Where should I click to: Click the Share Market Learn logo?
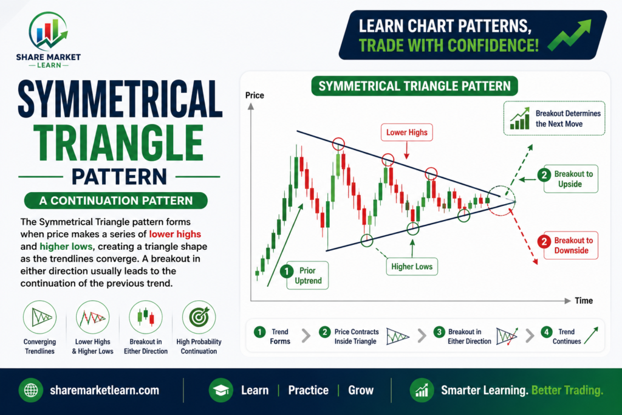[x=49, y=39]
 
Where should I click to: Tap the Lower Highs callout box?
[x=406, y=132]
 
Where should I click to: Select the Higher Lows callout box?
[x=412, y=267]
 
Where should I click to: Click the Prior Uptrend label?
[x=307, y=275]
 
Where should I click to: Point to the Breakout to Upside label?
[x=570, y=179]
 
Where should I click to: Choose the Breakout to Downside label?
[x=570, y=245]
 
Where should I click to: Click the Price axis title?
[x=255, y=95]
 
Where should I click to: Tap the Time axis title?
[x=584, y=301]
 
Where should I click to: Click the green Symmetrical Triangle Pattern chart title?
[x=414, y=86]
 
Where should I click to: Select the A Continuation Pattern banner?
[x=116, y=201]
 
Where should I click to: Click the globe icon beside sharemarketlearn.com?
[x=31, y=391]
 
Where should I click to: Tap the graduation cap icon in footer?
[x=221, y=391]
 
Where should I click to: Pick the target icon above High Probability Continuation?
[x=199, y=317]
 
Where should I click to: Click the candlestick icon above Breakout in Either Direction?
[x=146, y=317]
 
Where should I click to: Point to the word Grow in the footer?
[x=361, y=391]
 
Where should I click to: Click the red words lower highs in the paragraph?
[x=175, y=234]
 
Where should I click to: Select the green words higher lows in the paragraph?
[x=66, y=246]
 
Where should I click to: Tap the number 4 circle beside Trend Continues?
[x=547, y=332]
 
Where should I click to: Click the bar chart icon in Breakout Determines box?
[x=520, y=118]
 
